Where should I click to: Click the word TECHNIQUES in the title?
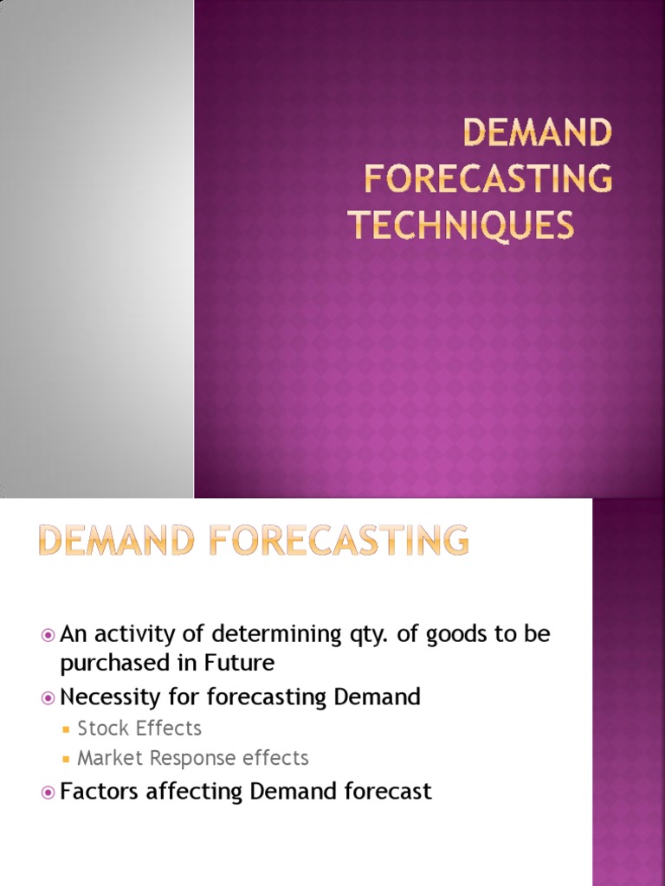pyautogui.click(x=462, y=225)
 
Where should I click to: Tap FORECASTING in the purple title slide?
pyautogui.click(x=487, y=179)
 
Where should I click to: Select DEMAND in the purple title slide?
pyautogui.click(x=537, y=133)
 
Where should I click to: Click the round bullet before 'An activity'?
pyautogui.click(x=48, y=635)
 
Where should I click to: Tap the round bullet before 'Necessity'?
pyautogui.click(x=48, y=697)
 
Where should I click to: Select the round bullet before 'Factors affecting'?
pyautogui.click(x=48, y=792)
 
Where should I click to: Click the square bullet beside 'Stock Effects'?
pyautogui.click(x=67, y=729)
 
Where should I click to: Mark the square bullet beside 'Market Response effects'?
pyautogui.click(x=67, y=760)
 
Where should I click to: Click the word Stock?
pyautogui.click(x=102, y=729)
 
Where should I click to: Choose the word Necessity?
pyautogui.click(x=108, y=697)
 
